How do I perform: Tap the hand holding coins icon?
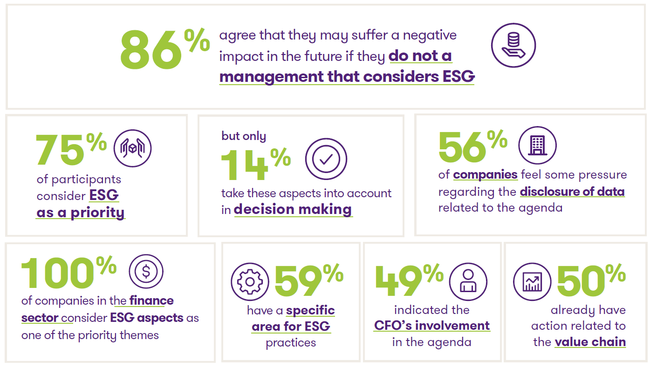coord(513,47)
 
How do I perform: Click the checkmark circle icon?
coord(326,159)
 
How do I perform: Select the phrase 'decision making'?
coord(293,209)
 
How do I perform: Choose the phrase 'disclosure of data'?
coord(572,191)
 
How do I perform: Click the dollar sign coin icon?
coord(146,272)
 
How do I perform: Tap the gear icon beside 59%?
coord(250,282)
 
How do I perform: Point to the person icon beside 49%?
coord(468,282)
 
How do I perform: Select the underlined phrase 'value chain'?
coord(590,342)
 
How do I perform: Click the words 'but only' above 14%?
coord(244,136)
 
